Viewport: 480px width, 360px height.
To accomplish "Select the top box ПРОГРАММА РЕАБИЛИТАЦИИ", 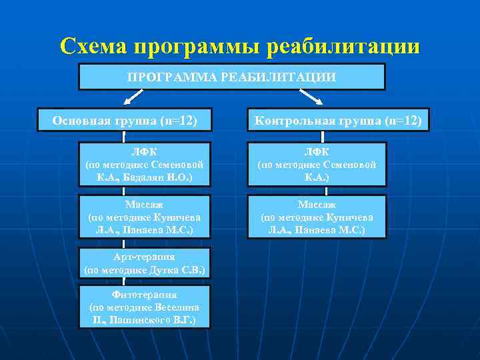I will click(x=231, y=77).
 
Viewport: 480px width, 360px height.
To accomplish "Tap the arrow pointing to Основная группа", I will click(x=135, y=98).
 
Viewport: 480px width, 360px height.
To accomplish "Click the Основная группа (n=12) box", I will click(x=124, y=120).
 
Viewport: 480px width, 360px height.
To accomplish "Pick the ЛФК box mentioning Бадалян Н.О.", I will click(x=145, y=164).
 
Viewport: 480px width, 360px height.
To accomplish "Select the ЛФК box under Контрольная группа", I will click(x=317, y=164).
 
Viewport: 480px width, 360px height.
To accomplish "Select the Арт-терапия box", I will click(x=145, y=263).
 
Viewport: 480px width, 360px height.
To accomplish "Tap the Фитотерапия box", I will click(x=145, y=307).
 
